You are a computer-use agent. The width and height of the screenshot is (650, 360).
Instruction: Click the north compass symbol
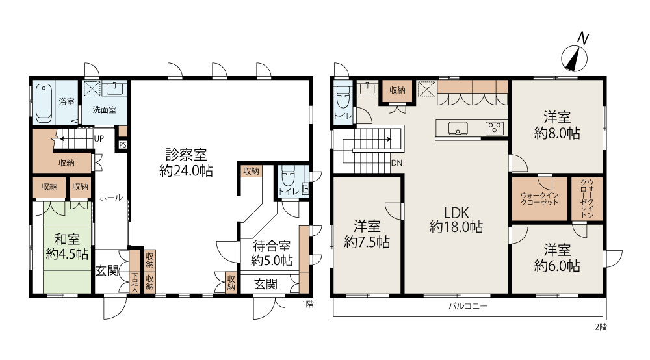point(576,57)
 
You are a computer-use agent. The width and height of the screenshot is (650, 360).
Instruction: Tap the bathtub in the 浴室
point(44,103)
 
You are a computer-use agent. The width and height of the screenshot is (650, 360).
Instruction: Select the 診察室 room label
point(186,155)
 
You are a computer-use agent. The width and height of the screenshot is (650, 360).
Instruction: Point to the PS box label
point(122,145)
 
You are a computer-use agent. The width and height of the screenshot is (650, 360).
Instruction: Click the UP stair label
point(99,138)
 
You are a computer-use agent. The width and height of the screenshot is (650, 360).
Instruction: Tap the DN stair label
point(396,163)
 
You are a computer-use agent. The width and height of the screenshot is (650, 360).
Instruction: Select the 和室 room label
point(67,237)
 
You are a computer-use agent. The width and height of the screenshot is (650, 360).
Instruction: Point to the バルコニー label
point(468,305)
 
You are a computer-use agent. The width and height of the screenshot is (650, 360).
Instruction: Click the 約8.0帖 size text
point(557,134)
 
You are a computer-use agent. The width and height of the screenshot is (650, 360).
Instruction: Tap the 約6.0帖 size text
point(557,266)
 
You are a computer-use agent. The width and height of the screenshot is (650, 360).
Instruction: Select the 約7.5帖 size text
point(367,242)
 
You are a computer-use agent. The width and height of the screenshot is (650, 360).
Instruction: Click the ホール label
point(110,198)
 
